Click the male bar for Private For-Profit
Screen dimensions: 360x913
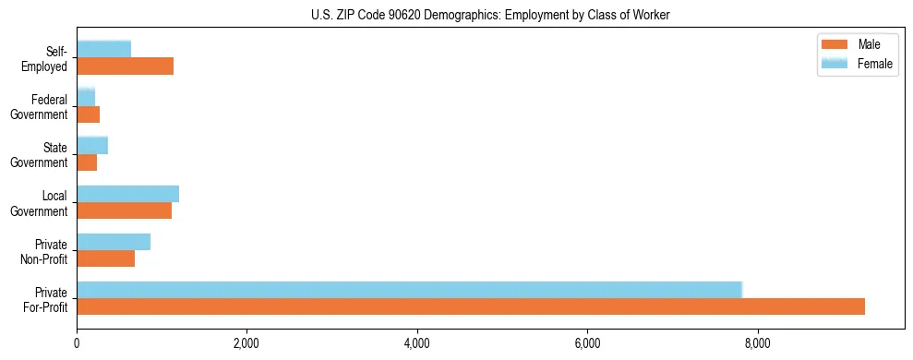tap(471, 306)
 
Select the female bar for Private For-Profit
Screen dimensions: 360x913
tap(409, 290)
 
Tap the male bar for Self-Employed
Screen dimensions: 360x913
tap(125, 66)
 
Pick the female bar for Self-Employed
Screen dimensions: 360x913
tap(103, 49)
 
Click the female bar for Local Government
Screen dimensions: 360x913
tap(127, 193)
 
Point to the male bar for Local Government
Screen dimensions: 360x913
tap(124, 210)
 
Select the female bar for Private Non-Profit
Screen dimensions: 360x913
tap(114, 241)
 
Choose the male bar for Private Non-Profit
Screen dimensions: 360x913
tap(105, 258)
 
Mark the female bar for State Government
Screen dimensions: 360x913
tap(92, 145)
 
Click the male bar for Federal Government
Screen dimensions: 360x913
tap(88, 114)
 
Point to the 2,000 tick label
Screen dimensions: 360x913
tap(246, 344)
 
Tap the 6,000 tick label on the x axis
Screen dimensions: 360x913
tap(587, 344)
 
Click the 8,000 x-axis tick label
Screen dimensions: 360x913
tap(757, 344)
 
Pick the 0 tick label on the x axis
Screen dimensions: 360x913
tap(77, 344)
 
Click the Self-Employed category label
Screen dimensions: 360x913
tap(49, 58)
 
